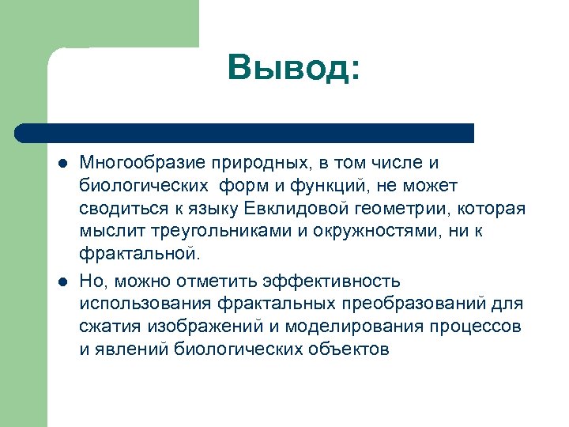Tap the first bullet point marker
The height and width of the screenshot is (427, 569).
(61, 164)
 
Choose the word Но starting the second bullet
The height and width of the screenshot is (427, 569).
(89, 282)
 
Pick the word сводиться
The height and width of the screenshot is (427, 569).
(119, 209)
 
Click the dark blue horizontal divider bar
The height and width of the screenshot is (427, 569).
(244, 132)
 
